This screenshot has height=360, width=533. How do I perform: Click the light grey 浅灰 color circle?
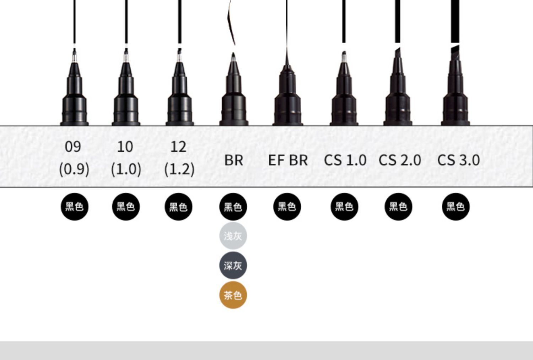click(233, 236)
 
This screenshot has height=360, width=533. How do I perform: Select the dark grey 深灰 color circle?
click(233, 266)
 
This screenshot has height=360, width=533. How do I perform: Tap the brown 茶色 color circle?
click(233, 295)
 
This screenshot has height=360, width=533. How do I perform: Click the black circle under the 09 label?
click(74, 207)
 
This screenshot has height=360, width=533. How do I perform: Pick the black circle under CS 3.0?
click(456, 207)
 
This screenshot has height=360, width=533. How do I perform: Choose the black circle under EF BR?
click(287, 207)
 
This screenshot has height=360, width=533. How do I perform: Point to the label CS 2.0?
click(400, 160)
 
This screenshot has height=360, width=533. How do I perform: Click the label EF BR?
click(288, 160)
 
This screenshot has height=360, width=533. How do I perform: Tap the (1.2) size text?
click(179, 169)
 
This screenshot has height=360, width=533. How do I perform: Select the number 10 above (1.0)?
click(125, 147)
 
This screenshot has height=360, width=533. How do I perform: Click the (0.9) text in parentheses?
click(74, 169)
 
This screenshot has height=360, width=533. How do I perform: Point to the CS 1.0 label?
click(345, 160)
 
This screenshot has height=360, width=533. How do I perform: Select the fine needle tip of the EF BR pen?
click(287, 57)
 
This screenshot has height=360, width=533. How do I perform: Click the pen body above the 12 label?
click(179, 99)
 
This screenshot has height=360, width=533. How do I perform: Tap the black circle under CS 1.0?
click(344, 207)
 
